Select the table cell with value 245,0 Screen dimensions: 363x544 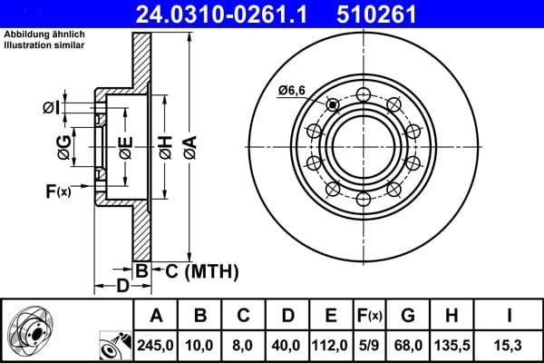point(156,344)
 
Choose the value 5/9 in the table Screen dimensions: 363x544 point(369,344)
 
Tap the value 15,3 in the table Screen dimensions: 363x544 point(510,344)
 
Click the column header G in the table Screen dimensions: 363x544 point(408,316)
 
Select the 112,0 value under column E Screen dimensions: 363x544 point(331,344)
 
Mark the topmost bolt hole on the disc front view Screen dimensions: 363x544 point(363,94)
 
